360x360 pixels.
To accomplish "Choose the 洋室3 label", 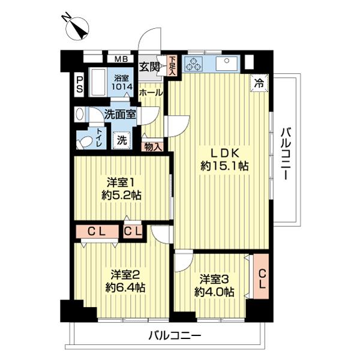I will pyautogui.click(x=214, y=278).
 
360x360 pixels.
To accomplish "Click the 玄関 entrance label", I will pyautogui.click(x=150, y=67).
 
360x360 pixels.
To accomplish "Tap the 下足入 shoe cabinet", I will pyautogui.click(x=172, y=64).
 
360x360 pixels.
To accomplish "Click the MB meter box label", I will pyautogui.click(x=121, y=59).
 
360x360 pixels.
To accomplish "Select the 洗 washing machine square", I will pyautogui.click(x=122, y=140).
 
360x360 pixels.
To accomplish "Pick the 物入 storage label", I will pyautogui.click(x=152, y=146).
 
